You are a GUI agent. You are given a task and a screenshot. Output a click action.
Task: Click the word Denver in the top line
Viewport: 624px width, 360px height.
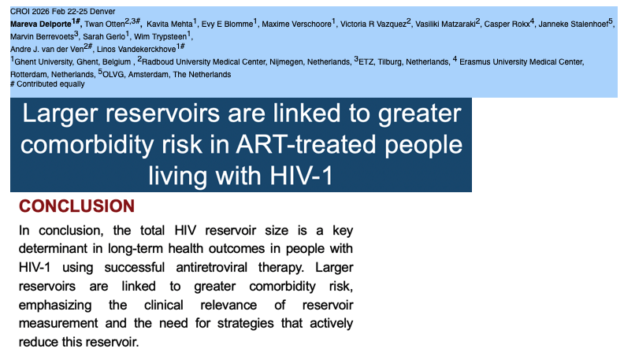pos(102,11)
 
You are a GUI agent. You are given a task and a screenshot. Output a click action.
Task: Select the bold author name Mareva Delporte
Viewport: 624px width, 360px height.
pos(41,24)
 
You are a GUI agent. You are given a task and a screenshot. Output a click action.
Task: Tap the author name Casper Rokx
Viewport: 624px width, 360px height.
pos(507,24)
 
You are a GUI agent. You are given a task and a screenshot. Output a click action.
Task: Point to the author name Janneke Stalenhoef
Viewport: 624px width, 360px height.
pos(573,24)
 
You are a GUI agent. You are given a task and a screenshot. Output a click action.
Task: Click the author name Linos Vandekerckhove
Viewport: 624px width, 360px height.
pos(136,50)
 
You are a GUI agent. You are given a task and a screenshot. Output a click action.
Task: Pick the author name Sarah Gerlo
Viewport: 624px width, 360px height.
pos(104,37)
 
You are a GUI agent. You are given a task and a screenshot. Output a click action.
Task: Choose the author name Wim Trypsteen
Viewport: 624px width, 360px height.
pos(160,37)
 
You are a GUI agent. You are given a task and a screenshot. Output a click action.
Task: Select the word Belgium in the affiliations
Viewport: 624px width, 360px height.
pos(116,62)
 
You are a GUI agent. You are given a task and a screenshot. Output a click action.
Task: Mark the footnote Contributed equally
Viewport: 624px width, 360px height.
pos(50,84)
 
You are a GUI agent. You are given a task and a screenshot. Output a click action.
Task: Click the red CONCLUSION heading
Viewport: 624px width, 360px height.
pos(76,206)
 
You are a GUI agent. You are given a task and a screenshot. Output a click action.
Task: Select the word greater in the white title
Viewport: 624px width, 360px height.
pos(419,113)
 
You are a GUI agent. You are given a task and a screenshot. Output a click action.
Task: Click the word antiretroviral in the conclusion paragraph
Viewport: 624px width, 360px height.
pos(211,267)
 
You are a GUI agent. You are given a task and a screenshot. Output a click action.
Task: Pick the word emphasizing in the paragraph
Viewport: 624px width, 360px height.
pos(55,306)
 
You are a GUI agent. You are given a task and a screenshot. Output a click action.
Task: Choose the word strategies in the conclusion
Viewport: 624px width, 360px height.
pos(245,324)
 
